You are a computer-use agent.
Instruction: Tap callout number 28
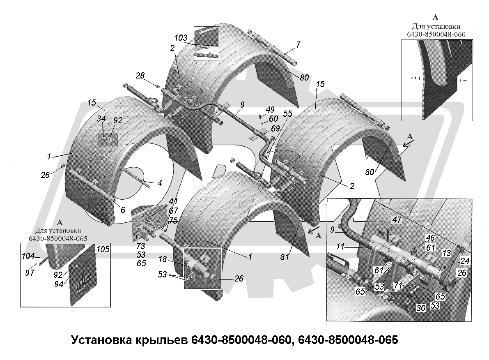[x=140, y=76]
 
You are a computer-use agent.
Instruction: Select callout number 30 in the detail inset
[x=420, y=308]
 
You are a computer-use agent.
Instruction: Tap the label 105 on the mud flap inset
[x=103, y=249]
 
